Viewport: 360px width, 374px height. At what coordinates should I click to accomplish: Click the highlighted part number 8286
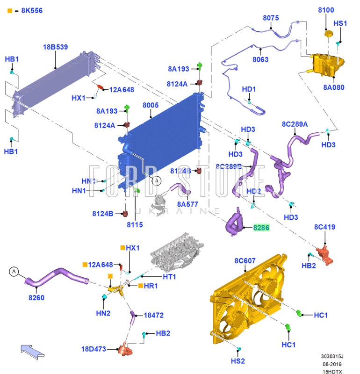(261, 228)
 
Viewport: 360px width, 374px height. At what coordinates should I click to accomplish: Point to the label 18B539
(56, 47)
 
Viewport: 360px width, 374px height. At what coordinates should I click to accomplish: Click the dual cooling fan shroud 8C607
(248, 299)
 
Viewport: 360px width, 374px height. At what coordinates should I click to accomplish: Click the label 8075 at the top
(271, 18)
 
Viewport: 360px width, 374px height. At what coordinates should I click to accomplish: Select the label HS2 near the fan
(238, 361)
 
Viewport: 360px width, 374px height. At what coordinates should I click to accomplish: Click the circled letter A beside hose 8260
(14, 271)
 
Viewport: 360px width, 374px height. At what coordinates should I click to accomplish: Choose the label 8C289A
(295, 124)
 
